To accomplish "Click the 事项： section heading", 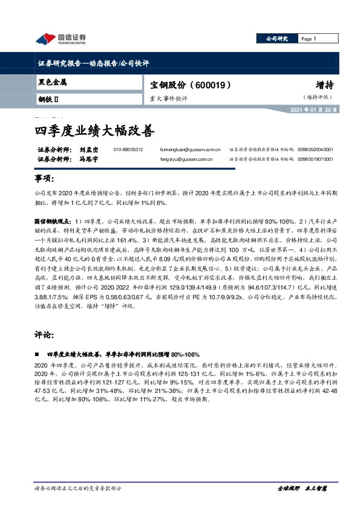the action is click(45, 180).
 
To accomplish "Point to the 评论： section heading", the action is click(45, 334).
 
